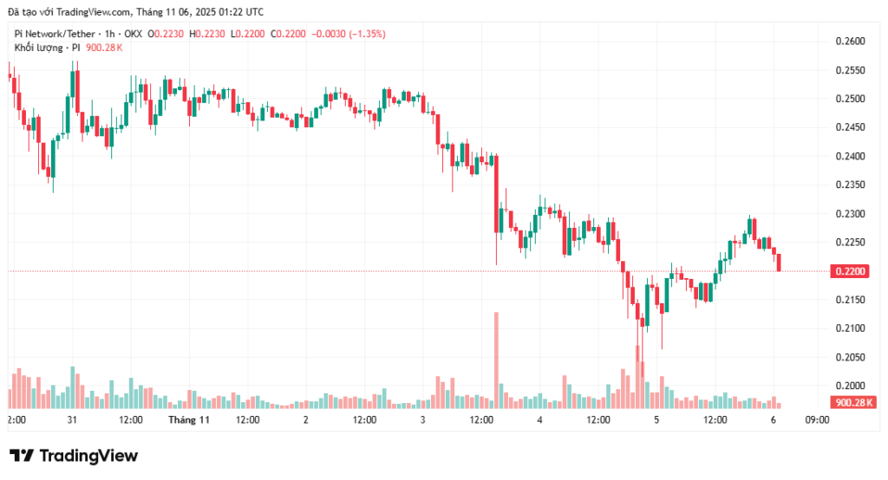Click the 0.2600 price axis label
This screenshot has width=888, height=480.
tap(850, 42)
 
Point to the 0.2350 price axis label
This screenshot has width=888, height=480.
tap(850, 185)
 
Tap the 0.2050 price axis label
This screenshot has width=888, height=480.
tap(850, 357)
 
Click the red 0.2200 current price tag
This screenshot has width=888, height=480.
tap(850, 271)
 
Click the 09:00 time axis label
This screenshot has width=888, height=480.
tap(817, 420)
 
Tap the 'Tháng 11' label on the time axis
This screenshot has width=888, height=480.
tap(189, 420)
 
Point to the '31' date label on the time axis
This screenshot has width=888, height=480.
tap(72, 420)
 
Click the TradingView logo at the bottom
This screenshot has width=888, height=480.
tap(74, 456)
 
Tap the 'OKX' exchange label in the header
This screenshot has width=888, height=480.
tap(133, 34)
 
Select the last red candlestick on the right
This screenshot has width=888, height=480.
tap(779, 263)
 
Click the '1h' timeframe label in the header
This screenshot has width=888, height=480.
tap(107, 34)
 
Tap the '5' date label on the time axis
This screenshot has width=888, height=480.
tap(656, 420)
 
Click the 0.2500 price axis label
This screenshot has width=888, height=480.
tap(850, 99)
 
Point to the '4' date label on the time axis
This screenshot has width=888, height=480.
tap(539, 420)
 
